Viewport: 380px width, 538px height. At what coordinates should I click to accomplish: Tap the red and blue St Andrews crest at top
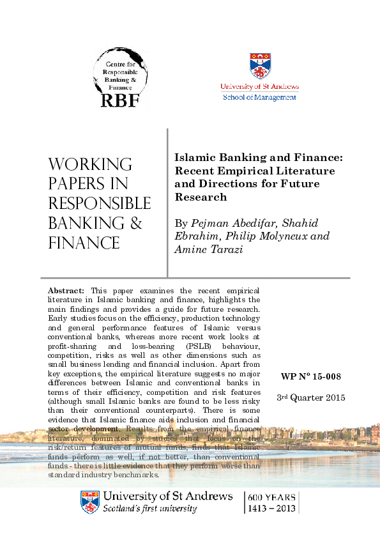(259, 66)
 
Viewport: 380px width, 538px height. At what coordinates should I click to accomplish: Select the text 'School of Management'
(259, 97)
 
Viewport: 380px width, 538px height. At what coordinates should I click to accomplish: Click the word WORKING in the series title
(90, 164)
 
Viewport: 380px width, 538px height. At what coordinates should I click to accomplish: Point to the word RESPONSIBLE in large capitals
(99, 203)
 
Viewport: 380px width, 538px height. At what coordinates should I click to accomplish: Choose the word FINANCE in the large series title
(84, 243)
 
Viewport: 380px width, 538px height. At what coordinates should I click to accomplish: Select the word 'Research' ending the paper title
(201, 197)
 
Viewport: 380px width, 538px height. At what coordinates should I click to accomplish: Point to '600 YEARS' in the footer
(272, 496)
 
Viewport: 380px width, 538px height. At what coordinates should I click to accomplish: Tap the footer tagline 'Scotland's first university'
(149, 509)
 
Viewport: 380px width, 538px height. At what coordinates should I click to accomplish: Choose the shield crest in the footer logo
(89, 502)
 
